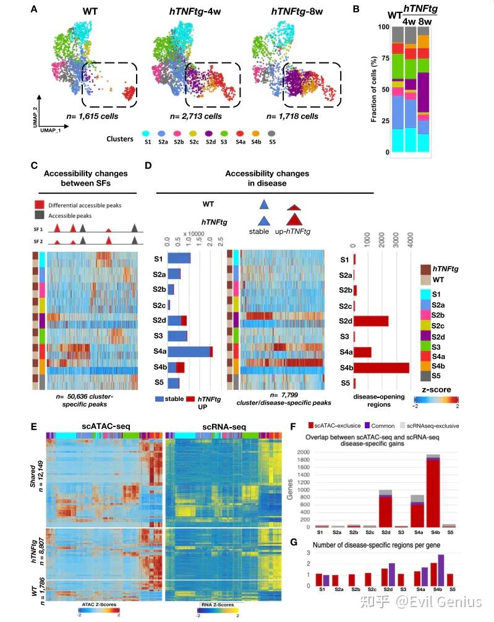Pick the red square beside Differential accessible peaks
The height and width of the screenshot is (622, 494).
click(38, 204)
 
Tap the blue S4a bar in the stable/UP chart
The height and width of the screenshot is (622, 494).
click(189, 352)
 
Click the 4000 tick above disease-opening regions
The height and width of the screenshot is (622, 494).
click(409, 236)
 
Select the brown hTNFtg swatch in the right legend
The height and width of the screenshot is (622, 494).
click(425, 269)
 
